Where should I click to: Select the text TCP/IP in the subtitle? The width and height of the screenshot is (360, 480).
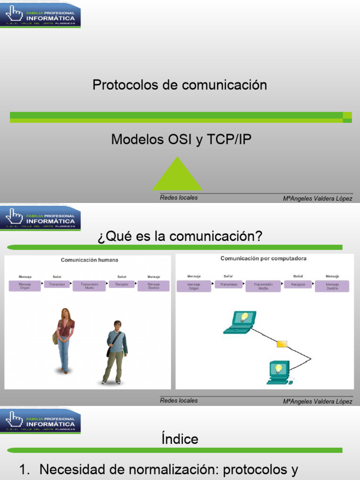(x=229, y=139)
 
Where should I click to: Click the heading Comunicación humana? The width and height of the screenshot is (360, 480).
(x=90, y=260)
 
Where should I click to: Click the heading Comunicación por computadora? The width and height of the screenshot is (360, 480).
(x=263, y=258)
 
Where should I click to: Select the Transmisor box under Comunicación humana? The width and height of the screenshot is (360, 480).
(x=57, y=284)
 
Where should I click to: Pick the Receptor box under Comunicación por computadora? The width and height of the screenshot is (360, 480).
(x=298, y=285)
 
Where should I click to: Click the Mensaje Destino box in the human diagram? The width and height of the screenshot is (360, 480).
(x=153, y=286)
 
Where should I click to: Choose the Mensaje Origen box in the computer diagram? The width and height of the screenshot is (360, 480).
(x=193, y=286)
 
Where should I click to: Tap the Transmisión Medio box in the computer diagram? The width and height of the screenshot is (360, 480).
(x=263, y=286)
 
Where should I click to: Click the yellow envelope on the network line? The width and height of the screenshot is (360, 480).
(x=282, y=344)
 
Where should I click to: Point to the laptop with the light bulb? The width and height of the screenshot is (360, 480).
(x=240, y=322)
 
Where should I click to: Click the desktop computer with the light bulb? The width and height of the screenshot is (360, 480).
(x=279, y=372)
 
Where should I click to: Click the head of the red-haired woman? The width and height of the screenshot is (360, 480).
(x=65, y=314)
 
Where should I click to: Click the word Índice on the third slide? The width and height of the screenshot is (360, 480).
(x=180, y=439)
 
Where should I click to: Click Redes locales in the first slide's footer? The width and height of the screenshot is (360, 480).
(x=179, y=197)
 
